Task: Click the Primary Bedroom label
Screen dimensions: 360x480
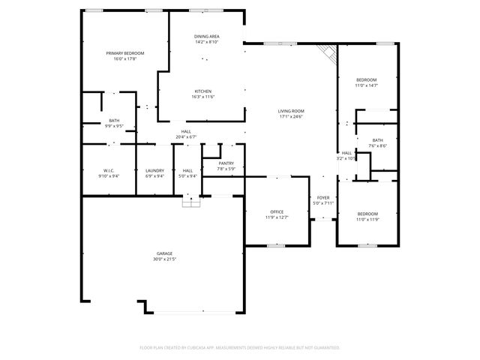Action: (124, 53)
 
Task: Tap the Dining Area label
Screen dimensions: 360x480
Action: (206, 36)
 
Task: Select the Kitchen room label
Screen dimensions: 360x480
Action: (203, 91)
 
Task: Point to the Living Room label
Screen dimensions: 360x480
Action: (290, 111)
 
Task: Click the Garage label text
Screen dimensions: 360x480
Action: (164, 254)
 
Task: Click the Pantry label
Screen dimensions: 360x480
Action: (226, 163)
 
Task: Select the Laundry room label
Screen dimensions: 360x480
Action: (154, 171)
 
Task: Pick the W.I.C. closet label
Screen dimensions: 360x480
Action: (108, 171)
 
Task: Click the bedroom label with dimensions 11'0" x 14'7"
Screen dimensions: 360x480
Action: (366, 79)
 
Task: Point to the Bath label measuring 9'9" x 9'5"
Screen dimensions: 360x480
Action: (114, 121)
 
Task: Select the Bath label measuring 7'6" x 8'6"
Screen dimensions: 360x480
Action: (377, 140)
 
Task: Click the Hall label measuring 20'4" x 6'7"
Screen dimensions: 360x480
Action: (185, 132)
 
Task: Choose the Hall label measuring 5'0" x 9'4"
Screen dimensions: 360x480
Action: (187, 171)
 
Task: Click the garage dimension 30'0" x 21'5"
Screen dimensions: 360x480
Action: (164, 259)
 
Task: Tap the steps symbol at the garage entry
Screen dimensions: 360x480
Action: (192, 201)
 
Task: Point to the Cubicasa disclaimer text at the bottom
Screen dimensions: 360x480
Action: (240, 347)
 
